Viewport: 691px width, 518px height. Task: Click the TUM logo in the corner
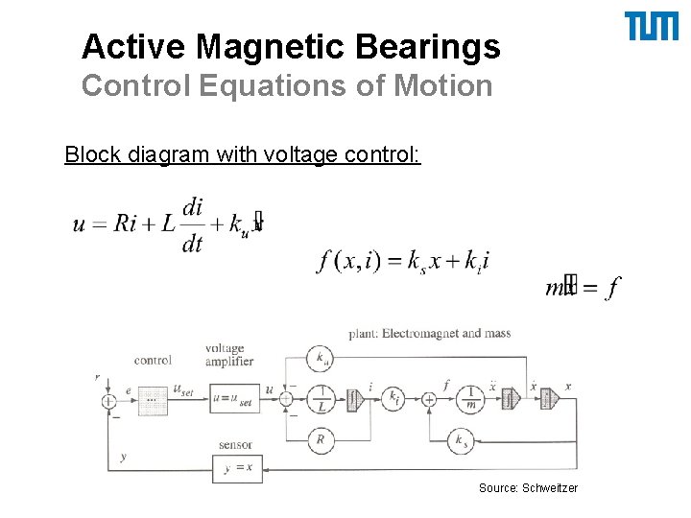point(652,27)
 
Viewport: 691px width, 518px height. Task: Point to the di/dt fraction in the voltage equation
point(192,224)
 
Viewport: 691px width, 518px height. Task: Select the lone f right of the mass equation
point(613,286)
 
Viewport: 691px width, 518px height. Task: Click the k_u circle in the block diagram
point(321,359)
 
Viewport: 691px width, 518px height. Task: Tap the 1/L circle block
point(322,398)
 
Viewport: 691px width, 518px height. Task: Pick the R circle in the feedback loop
point(321,440)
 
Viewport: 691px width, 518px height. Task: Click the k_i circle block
point(393,398)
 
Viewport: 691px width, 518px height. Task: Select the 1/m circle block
point(470,398)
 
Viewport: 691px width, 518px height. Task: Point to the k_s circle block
point(460,440)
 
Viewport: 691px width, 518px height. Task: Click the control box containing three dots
point(152,398)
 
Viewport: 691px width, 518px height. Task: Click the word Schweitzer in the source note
point(550,488)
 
